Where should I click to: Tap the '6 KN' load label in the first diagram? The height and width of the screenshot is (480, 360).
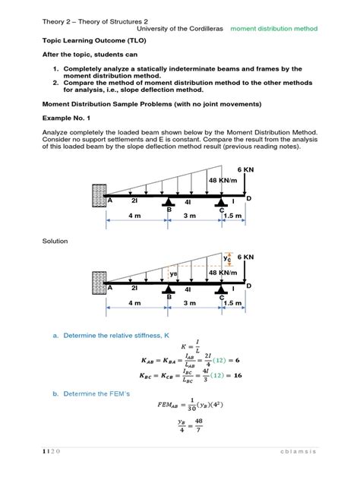click(245, 169)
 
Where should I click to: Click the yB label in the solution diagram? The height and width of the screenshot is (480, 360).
click(173, 274)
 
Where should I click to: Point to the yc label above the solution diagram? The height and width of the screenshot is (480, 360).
click(227, 259)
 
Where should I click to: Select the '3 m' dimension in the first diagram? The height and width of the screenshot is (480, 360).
click(194, 216)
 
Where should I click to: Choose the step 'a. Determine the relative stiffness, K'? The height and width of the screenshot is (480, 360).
click(111, 334)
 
